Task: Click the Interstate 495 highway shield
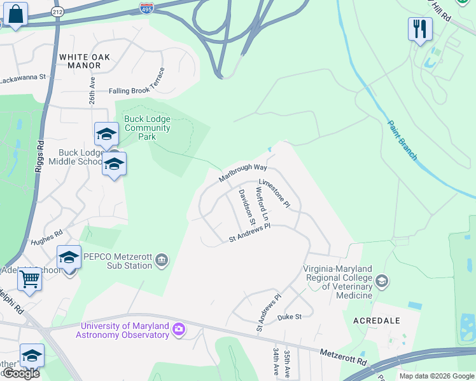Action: [146, 8]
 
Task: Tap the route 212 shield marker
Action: [58, 11]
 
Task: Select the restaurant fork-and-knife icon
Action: [420, 29]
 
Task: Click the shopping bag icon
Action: [17, 14]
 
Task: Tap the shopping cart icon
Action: [29, 279]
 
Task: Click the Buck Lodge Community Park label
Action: [148, 128]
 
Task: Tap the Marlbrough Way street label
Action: [242, 172]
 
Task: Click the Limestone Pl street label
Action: [274, 193]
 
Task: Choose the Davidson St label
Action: [247, 207]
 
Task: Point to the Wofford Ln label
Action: [263, 204]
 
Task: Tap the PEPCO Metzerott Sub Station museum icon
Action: [162, 260]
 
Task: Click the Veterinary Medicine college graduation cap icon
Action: [381, 281]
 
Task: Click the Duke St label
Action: [289, 316]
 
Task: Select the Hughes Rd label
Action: [47, 238]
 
